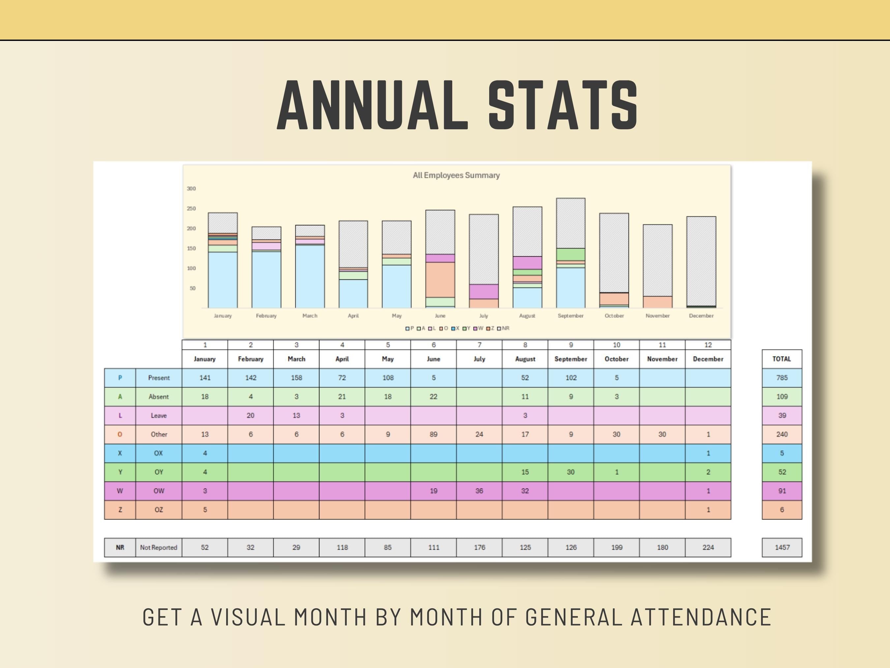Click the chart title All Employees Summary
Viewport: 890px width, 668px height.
click(456, 175)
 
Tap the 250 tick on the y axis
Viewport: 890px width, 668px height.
click(191, 208)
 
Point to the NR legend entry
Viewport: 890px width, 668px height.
click(503, 328)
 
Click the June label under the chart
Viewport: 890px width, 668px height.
click(440, 316)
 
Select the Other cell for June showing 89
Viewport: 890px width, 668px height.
click(433, 434)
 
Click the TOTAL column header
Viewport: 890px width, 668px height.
click(781, 359)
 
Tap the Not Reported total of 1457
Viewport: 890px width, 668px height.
click(782, 548)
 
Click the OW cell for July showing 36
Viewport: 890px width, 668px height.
click(479, 491)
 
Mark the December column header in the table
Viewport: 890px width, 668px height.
click(708, 359)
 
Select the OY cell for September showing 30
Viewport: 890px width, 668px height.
click(571, 472)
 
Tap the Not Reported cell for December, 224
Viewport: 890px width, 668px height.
click(708, 548)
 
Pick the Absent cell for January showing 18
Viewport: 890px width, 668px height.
click(205, 397)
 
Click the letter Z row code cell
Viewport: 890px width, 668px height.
click(120, 510)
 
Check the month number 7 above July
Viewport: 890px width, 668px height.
click(479, 345)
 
